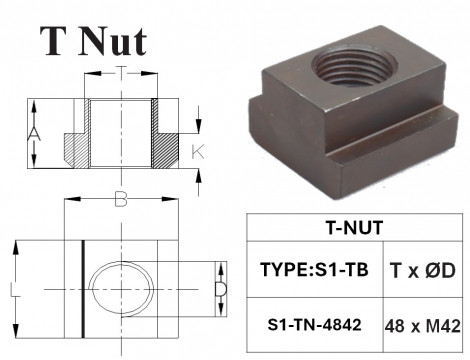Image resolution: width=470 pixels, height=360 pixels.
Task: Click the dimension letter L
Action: pos(11,291)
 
